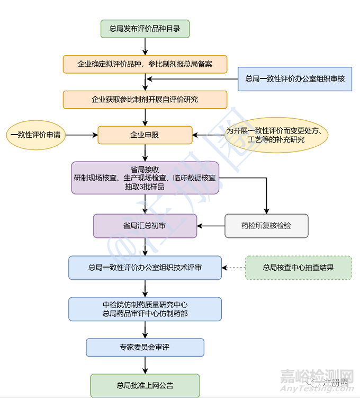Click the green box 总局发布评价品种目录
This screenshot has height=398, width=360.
click(145, 29)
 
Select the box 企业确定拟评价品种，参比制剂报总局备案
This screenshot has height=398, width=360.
click(145, 64)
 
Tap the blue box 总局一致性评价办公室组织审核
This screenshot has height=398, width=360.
click(295, 79)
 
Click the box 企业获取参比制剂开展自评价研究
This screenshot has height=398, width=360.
click(145, 99)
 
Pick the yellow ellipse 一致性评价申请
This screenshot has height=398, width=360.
click(35, 135)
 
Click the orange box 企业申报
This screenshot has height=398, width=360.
click(145, 135)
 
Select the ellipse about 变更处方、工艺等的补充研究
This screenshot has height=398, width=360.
click(276, 135)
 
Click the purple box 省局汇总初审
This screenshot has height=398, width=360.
click(145, 226)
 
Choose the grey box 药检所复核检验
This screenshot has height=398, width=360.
click(266, 226)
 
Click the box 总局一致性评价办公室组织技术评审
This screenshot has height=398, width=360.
click(145, 268)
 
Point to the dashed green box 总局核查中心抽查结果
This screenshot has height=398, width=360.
click(298, 268)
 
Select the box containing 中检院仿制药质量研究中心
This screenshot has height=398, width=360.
click(145, 309)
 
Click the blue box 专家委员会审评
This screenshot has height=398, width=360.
click(145, 348)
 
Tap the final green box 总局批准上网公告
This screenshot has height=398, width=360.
click(145, 385)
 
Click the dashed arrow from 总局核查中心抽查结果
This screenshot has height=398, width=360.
click(233, 268)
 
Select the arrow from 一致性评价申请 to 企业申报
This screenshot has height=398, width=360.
click(81, 135)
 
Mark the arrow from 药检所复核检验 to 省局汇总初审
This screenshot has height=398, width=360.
click(211, 226)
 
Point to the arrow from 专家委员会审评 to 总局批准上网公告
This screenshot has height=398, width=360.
click(145, 365)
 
